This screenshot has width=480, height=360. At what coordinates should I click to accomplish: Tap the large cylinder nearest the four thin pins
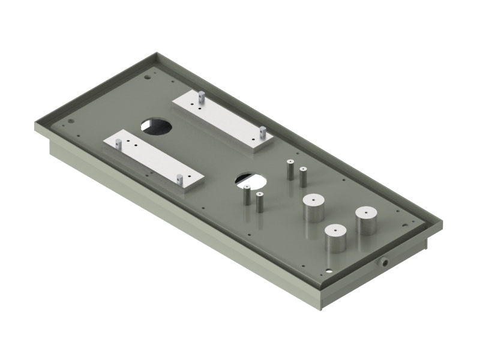(x=313, y=208)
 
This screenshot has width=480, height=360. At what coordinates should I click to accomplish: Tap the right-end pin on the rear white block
(x=262, y=132)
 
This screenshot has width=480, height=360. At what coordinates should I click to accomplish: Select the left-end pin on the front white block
(x=118, y=144)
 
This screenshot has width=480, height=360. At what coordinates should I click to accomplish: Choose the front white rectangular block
(x=154, y=160)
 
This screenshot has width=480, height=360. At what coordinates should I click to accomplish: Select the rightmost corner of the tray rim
(x=442, y=223)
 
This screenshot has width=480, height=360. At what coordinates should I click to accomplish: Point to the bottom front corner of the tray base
(x=321, y=309)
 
